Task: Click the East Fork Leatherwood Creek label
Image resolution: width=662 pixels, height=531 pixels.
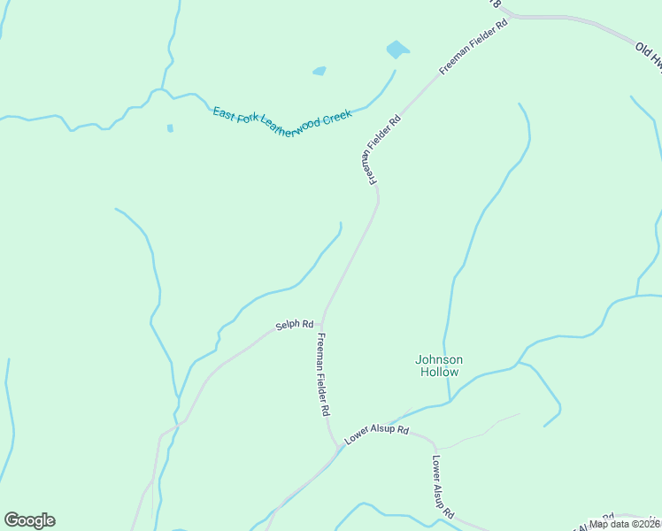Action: pos(282,122)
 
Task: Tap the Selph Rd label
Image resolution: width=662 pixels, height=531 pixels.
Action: pos(295,325)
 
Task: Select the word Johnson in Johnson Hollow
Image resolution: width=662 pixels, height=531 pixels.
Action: pos(439,359)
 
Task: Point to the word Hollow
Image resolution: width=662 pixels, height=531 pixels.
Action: pos(439,373)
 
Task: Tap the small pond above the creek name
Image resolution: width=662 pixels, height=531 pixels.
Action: pos(319,71)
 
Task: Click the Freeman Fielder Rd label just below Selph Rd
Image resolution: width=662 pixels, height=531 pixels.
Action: pos(324,375)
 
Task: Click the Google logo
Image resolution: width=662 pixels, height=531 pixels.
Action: pos(29,520)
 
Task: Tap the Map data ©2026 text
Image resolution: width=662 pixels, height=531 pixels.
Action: pos(626,524)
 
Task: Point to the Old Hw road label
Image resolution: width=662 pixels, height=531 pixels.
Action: pos(649,54)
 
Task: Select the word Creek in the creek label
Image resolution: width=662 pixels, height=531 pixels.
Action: pos(337,116)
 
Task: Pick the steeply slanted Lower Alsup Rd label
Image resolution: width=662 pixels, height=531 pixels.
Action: pos(443,487)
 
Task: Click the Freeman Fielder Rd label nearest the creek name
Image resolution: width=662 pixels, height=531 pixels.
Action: pos(381,149)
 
